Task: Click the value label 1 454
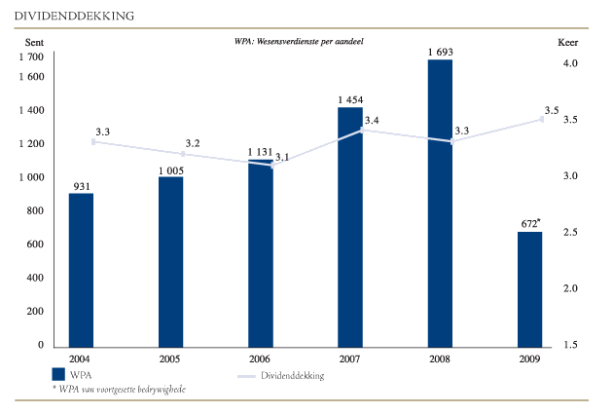(x=350, y=99)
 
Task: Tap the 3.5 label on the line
(x=552, y=110)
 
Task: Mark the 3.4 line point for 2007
(x=362, y=130)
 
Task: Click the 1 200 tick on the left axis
(x=32, y=144)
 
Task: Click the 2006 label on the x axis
(x=261, y=358)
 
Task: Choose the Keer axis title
(x=568, y=44)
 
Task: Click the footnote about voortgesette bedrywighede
(x=119, y=389)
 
